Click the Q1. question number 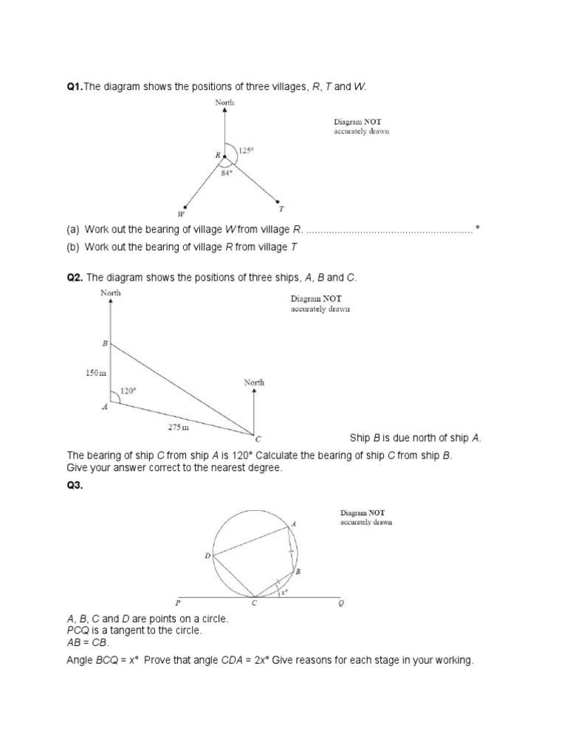click(75, 87)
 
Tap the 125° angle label click(247, 150)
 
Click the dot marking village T click(277, 200)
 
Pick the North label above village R click(224, 103)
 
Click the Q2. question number click(75, 277)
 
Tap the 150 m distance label click(94, 374)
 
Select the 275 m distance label click(178, 427)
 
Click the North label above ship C click(254, 382)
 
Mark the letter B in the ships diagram click(104, 343)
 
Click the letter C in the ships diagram click(258, 439)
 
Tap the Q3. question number click(75, 486)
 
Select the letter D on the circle click(207, 555)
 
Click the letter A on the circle click(294, 523)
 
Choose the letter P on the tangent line click(177, 603)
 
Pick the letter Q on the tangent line click(340, 603)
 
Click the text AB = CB click(88, 642)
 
